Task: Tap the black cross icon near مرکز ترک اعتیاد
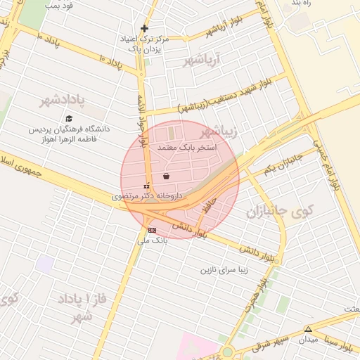coord(145,29)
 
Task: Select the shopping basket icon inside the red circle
coord(166,176)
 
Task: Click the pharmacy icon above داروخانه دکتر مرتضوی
coord(146,186)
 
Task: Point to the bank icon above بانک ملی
coord(152,230)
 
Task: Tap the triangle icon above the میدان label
coord(307,329)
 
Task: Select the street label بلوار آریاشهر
coord(226,28)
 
